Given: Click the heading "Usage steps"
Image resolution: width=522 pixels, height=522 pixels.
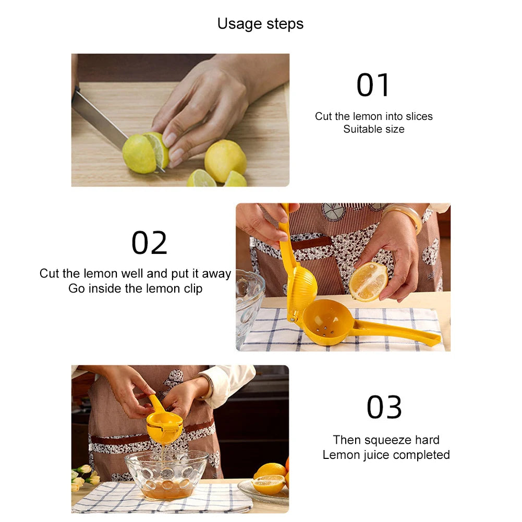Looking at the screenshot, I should tap(260, 24).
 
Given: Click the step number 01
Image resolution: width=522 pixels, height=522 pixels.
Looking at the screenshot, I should tap(373, 86).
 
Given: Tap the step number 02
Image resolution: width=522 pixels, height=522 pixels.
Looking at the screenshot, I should tap(149, 243).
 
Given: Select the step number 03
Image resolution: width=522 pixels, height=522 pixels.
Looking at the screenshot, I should tap(384, 407).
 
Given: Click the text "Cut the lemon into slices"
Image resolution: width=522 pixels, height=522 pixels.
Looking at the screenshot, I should tap(373, 116).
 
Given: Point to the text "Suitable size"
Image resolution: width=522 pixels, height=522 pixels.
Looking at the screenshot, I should tap(373, 129).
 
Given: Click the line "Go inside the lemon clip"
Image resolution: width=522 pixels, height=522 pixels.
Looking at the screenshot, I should tap(135, 288).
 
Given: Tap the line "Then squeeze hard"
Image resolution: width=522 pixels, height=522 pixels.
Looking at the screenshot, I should tap(386, 440).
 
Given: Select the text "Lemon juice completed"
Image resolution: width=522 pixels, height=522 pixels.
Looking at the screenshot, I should tap(386, 455).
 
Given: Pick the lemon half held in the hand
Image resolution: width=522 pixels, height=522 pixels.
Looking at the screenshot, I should tap(368, 282).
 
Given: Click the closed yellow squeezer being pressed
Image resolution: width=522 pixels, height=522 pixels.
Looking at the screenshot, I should tap(164, 423).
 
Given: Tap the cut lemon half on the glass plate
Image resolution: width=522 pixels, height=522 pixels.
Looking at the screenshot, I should tap(268, 484).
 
